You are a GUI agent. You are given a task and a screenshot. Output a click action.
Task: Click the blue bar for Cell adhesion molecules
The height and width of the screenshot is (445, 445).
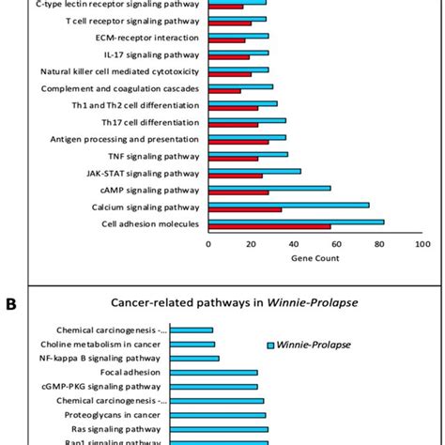tap(296, 222)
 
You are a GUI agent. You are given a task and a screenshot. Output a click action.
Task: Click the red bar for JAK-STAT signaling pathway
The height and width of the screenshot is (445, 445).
tap(235, 176)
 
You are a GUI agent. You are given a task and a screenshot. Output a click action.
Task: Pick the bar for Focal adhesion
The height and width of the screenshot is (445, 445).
tap(232, 373)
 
